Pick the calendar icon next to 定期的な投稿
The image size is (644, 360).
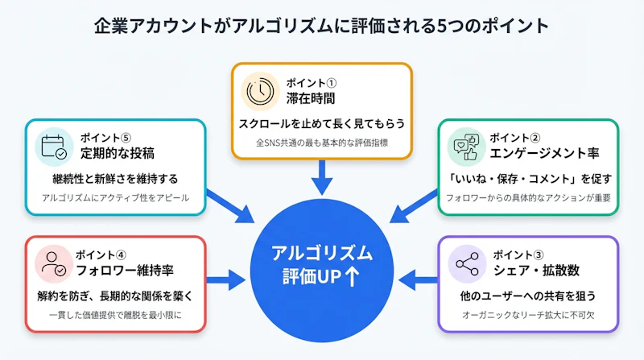pos(54,147)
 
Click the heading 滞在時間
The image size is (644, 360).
pos(310,98)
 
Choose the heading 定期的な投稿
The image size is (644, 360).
pos(111,153)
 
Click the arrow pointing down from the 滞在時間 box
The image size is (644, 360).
pos(322,177)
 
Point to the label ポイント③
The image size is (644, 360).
pos(512,254)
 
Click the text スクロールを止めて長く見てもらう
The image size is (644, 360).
pos(322,124)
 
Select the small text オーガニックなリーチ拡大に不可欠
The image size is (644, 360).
pos(528,315)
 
